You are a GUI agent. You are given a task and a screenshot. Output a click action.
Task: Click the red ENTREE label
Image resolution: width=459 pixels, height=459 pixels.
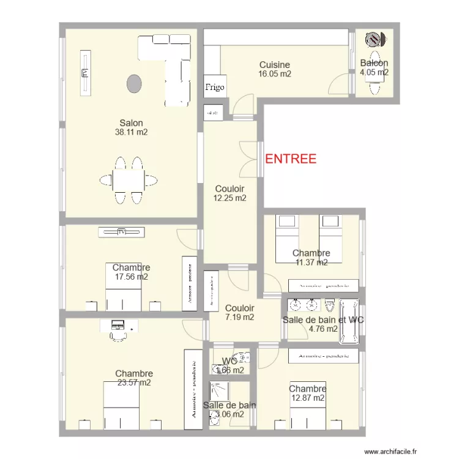pyautogui.click(x=291, y=159)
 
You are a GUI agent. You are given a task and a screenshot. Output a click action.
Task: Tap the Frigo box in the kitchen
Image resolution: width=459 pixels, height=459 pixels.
pyautogui.click(x=215, y=87)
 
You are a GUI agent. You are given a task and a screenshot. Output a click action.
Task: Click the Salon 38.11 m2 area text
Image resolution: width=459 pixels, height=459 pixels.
pyautogui.click(x=131, y=132)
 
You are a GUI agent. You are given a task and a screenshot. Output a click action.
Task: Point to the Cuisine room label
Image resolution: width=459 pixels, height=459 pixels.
pyautogui.click(x=274, y=65)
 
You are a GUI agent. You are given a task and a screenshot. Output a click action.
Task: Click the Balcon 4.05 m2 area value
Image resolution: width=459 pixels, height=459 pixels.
pyautogui.click(x=374, y=72)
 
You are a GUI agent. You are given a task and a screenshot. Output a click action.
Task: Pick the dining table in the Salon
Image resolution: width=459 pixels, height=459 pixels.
pyautogui.click(x=129, y=180)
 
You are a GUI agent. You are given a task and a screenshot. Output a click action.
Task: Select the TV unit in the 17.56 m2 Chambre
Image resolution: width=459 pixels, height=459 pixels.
pyautogui.click(x=122, y=231)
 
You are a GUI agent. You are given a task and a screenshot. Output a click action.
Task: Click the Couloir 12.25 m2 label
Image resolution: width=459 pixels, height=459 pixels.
pyautogui.click(x=229, y=198)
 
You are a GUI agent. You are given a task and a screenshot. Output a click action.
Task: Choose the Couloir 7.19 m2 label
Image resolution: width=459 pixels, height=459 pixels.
pyautogui.click(x=239, y=317)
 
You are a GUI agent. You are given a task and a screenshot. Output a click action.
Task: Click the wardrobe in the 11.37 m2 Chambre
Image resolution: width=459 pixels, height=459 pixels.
pyautogui.click(x=324, y=286)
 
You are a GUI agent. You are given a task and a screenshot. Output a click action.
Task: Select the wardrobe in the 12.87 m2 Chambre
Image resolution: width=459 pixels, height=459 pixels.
pyautogui.click(x=323, y=356)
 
